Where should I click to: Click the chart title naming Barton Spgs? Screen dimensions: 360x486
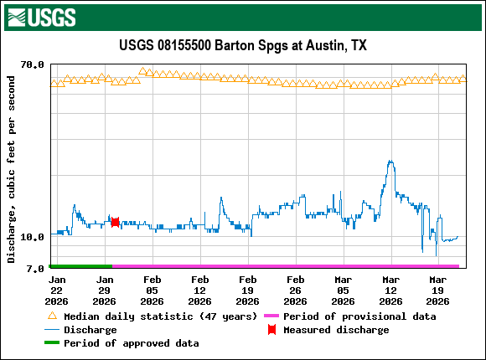243,45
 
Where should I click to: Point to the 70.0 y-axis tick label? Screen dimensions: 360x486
32,64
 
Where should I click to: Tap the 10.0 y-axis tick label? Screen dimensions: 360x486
32,237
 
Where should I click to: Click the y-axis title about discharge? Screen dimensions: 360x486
12,169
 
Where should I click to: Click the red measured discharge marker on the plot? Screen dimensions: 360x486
115,222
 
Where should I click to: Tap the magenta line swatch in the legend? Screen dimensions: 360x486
271,316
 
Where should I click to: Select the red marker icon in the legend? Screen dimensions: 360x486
271,330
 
